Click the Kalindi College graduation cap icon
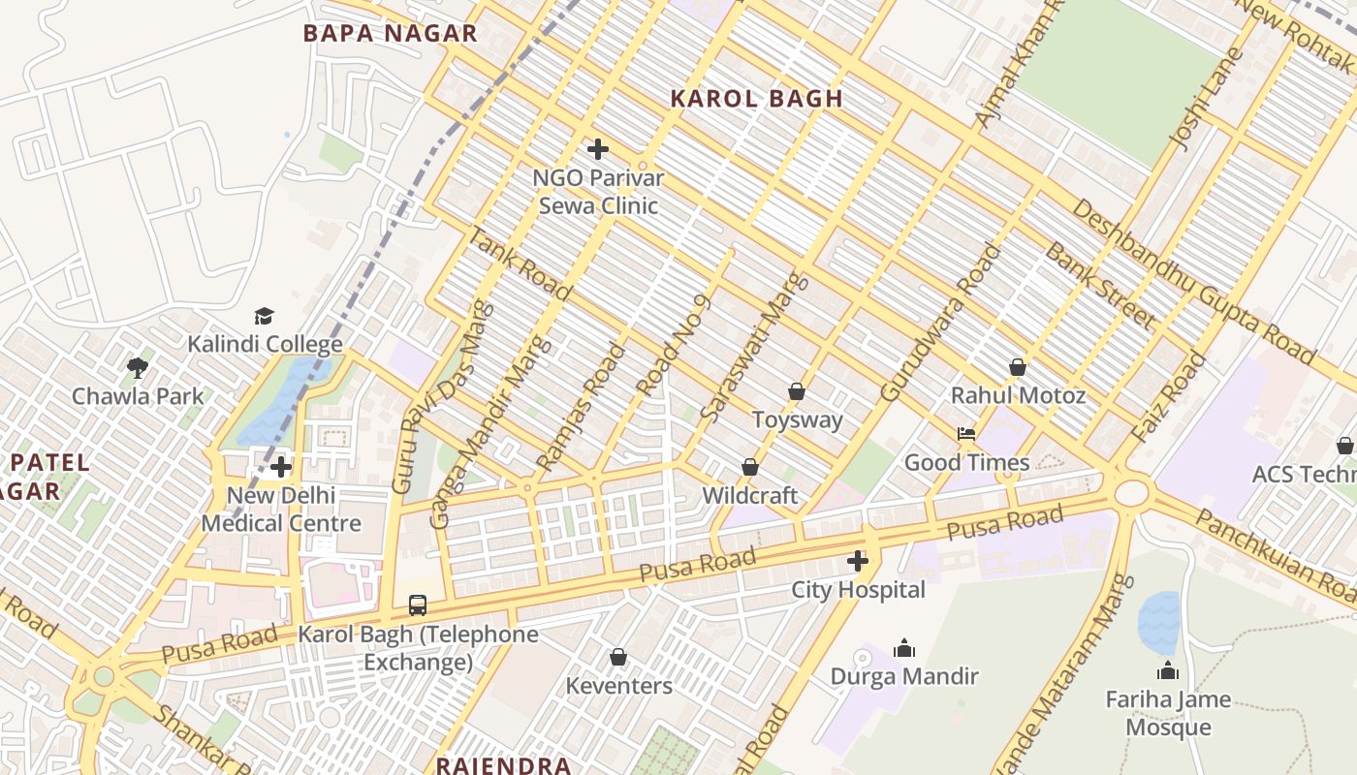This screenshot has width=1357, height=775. [264, 316]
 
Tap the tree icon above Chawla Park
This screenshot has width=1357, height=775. [138, 367]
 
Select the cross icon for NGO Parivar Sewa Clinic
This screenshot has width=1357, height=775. [598, 149]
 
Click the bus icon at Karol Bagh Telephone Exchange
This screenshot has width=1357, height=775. [417, 605]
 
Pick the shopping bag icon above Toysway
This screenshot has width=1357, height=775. [797, 391]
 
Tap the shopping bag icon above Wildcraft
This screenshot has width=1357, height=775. [749, 467]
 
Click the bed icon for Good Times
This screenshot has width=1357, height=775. [965, 434]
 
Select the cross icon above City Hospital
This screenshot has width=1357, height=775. [858, 561]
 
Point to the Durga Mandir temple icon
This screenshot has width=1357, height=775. [904, 648]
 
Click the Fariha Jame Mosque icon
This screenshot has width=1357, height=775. [1168, 670]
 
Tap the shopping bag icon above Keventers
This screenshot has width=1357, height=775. [617, 658]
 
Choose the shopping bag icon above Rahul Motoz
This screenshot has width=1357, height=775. [1018, 367]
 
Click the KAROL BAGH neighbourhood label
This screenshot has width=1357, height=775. [757, 98]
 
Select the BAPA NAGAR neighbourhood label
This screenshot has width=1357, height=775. [390, 33]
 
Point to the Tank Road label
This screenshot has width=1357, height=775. [506, 258]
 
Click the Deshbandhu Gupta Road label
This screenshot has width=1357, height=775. [1193, 282]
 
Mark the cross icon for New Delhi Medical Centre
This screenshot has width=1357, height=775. [281, 467]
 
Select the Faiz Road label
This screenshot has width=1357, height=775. [1170, 397]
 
